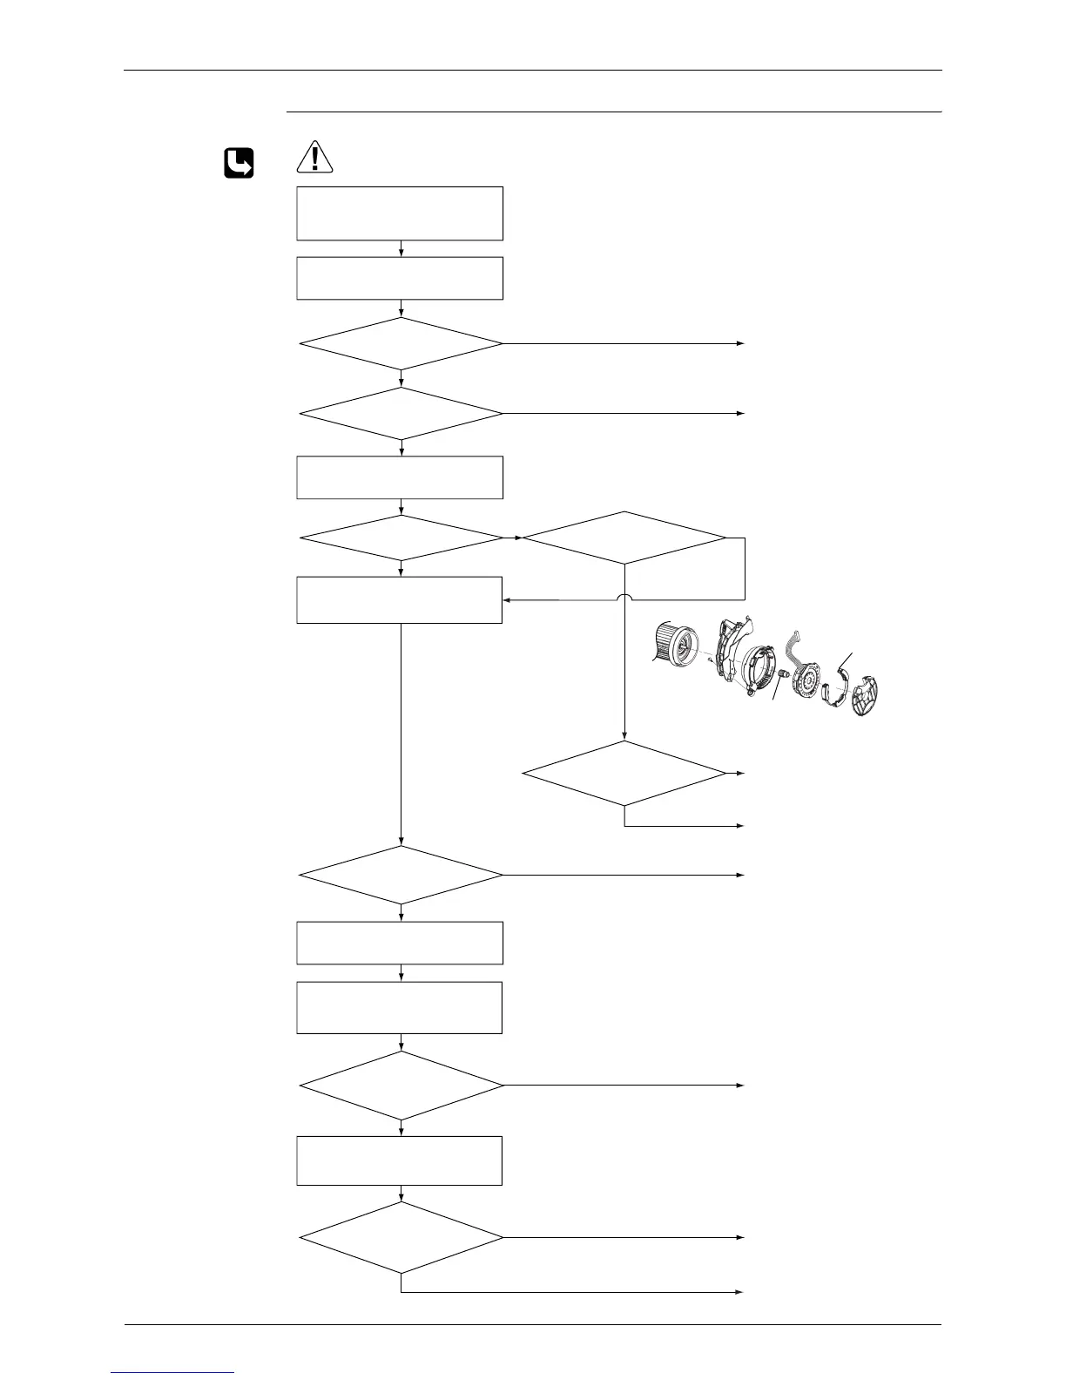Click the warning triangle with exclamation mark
pos(314,156)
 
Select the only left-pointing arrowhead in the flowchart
pos(507,600)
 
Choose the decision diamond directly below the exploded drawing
pos(624,773)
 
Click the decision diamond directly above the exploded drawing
pos(624,538)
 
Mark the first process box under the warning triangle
pos(400,213)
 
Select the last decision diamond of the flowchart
pos(401,1237)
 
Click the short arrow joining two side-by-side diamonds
pos(513,538)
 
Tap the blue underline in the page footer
pos(173,1372)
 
